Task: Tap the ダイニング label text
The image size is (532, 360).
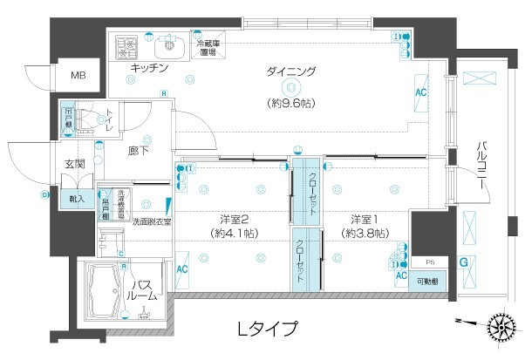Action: pos(290,71)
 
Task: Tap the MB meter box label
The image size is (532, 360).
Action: pos(78,76)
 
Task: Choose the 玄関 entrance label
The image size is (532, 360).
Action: pos(73,163)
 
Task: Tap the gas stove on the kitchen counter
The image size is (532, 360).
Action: pos(125,44)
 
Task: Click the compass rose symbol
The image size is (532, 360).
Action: pos(502,328)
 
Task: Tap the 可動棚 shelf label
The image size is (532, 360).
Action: pos(426,282)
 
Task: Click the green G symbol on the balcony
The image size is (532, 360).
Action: pos(464,261)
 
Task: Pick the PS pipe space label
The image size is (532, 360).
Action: pos(428,262)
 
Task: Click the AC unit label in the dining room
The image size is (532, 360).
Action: pos(420,92)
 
